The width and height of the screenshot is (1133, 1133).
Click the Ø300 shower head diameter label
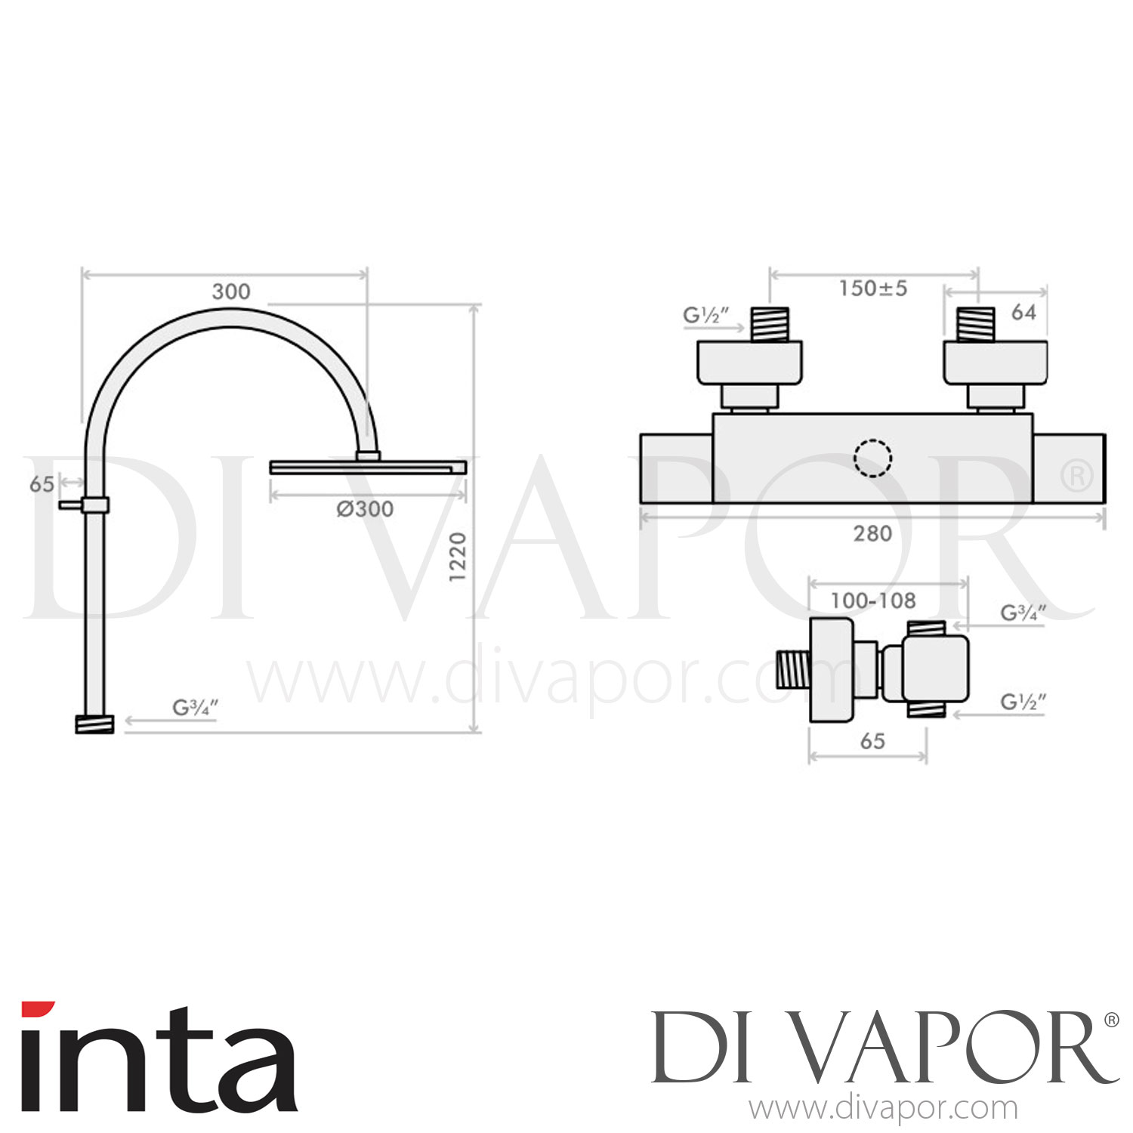(x=365, y=509)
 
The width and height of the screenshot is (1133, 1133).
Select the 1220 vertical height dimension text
(x=458, y=557)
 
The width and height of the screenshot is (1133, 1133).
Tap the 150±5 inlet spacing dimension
(x=872, y=289)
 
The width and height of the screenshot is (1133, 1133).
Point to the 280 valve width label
(x=872, y=534)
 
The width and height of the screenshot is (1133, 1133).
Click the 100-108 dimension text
(x=872, y=601)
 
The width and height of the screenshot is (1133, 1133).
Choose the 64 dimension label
(x=1023, y=312)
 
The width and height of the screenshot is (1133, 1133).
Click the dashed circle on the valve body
(x=872, y=458)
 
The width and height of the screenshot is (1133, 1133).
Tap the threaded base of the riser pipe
(x=94, y=724)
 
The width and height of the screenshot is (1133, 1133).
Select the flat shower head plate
(x=368, y=468)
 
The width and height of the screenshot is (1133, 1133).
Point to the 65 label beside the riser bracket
(x=42, y=484)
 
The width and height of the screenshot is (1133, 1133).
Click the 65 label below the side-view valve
(x=872, y=741)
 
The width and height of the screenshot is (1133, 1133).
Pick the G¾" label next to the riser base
(x=195, y=709)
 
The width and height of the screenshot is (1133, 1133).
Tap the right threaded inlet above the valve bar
(x=976, y=324)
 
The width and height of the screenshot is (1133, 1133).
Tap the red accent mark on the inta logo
(x=38, y=1008)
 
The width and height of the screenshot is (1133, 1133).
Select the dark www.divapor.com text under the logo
(x=883, y=1109)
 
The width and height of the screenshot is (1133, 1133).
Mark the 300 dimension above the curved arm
(x=230, y=292)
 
